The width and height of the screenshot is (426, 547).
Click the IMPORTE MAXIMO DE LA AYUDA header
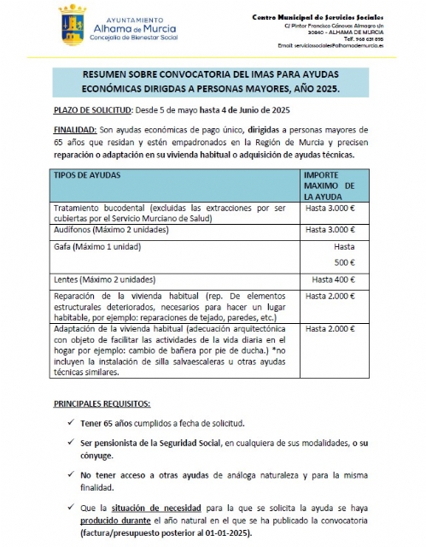335,185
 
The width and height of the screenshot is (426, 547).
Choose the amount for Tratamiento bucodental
330,208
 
